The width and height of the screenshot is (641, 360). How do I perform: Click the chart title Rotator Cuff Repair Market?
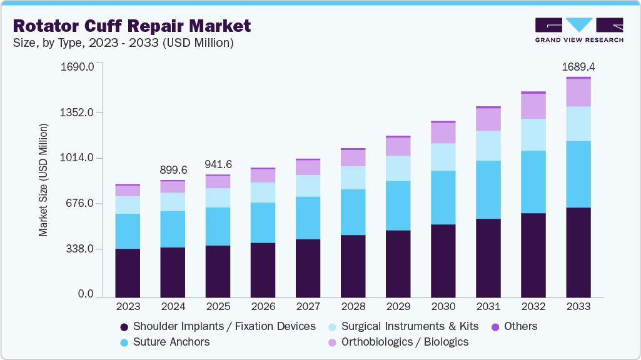click(131, 26)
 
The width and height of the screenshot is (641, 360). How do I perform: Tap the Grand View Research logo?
click(579, 29)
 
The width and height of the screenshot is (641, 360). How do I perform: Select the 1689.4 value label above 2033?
click(578, 66)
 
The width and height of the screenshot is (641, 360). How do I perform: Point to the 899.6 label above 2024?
click(173, 169)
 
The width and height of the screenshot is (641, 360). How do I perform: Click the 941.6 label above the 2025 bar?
click(218, 164)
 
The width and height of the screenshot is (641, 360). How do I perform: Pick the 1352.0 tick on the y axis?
click(76, 112)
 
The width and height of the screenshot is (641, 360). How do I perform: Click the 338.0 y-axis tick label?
click(80, 249)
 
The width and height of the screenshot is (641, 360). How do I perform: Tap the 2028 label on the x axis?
click(353, 307)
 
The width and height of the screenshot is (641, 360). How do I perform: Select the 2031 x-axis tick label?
click(488, 307)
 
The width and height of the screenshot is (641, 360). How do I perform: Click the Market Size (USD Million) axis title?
click(43, 180)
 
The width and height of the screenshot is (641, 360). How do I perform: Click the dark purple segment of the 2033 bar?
click(578, 252)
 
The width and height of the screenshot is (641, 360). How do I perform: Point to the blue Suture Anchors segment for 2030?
click(443, 197)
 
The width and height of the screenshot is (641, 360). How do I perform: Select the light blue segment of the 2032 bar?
click(533, 134)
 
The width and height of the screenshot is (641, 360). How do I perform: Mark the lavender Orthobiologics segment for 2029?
click(398, 146)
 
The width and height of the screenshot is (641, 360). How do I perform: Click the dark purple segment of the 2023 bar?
click(128, 272)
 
